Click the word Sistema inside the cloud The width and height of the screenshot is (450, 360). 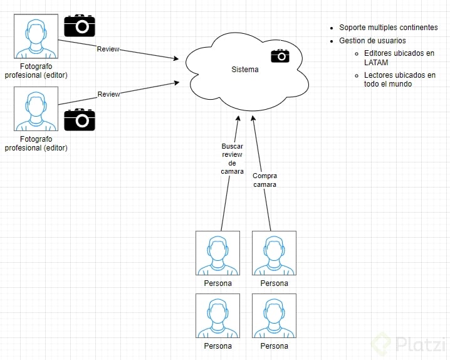coord(244,70)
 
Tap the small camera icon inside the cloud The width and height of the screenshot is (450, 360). coord(280,56)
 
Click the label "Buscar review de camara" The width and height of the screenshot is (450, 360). coord(232,159)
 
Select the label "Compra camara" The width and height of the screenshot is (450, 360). coord(264,180)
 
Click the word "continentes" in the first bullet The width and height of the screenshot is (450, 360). coord(417,28)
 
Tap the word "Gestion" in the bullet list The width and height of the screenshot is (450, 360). coord(352,41)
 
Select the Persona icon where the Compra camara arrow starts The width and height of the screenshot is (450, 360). coord(274,253)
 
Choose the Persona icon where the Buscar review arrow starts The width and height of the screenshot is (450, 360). coord(217,253)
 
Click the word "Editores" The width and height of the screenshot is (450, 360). coord(379,53)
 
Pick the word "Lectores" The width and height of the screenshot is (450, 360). coord(379,75)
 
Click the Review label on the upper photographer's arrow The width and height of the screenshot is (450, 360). coord(108,49)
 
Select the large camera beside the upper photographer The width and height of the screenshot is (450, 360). coord(80,26)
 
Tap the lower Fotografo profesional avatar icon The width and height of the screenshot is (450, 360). coord(36,109)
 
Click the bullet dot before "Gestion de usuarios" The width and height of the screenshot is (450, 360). coord(332,41)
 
